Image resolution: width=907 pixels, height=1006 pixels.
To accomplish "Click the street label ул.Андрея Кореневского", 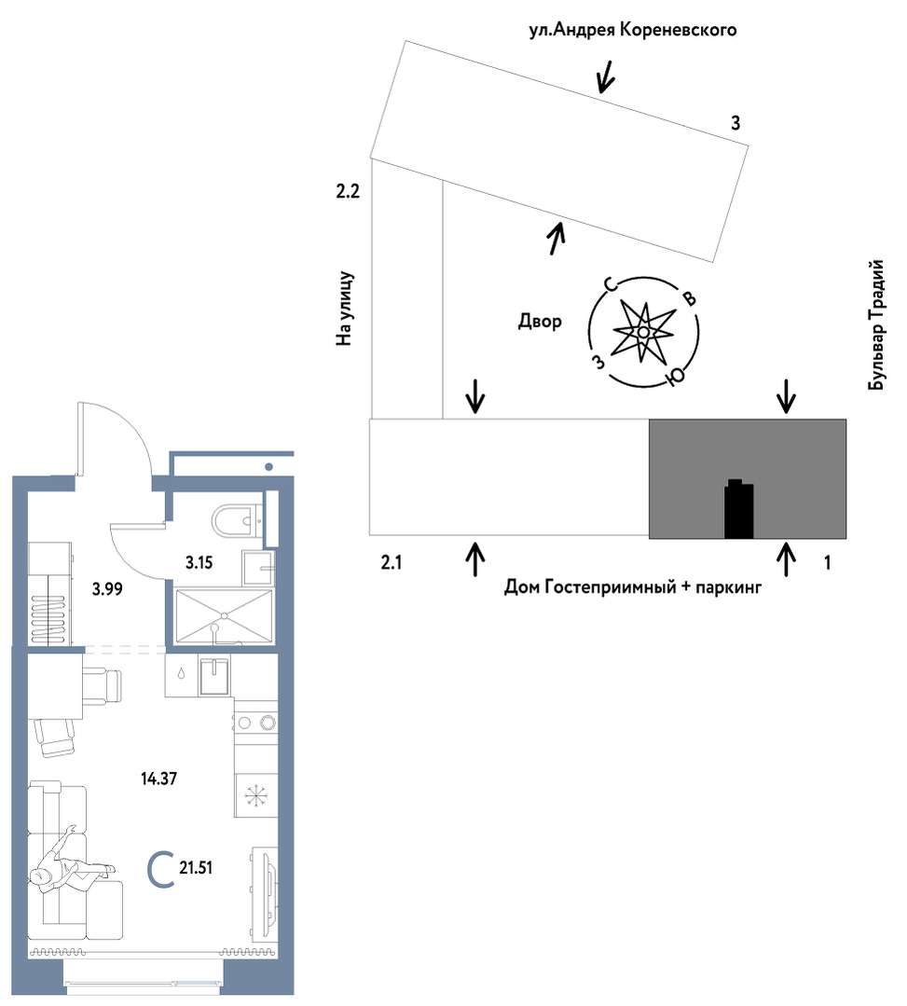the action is tap(632, 30).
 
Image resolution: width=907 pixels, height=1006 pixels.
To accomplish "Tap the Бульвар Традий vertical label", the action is tap(876, 324).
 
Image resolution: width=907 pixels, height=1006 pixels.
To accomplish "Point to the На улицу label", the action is tap(345, 309).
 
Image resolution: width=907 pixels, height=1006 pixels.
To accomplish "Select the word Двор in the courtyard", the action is tap(540, 321).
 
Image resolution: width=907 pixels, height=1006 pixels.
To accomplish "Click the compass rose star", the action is tap(643, 332).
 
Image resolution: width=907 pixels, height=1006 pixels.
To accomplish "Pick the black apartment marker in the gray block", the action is tap(738, 509).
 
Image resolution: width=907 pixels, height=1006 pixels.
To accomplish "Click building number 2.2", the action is tap(349, 190).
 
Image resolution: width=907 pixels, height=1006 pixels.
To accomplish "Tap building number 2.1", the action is tap(392, 562).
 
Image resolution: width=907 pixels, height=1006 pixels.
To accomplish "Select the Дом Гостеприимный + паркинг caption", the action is tap(632, 586).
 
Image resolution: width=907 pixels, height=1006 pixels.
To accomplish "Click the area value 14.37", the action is tap(159, 779).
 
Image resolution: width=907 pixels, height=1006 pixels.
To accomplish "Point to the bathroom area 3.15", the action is tap(199, 562).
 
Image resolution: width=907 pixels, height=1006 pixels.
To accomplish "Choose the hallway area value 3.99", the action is tap(107, 589).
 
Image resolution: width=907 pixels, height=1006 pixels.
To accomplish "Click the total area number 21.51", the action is tap(196, 868).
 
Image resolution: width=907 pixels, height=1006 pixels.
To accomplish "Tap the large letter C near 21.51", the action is tap(161, 870).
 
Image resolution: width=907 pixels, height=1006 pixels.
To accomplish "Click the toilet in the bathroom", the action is tap(235, 520).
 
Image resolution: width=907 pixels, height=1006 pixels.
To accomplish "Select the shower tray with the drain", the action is tap(224, 616).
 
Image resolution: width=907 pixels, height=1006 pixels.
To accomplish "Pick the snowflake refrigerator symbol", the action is tap(255, 796).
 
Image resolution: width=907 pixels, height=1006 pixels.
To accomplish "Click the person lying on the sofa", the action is tap(73, 861).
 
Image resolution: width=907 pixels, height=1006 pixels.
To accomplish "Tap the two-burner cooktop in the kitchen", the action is tap(255, 723).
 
